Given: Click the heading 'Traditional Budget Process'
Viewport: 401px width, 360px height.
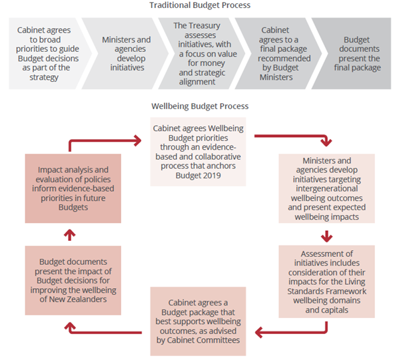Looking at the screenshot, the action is [x=200, y=5].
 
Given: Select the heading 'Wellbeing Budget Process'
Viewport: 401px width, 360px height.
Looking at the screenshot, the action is [x=200, y=106].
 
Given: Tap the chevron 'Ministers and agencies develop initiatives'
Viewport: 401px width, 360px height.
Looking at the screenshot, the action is [x=125, y=53].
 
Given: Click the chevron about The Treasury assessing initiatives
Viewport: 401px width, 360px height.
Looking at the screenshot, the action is [x=202, y=53].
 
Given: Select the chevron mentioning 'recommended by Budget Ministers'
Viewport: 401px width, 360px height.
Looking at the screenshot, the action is [x=278, y=53].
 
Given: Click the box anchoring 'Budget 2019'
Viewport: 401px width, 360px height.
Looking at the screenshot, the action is [x=199, y=152].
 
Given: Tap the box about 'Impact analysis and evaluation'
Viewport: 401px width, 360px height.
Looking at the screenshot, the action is [x=73, y=188].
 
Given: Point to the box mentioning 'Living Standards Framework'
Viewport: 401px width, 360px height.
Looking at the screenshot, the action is [x=327, y=281].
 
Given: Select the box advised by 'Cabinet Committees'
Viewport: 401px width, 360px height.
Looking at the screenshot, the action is [x=199, y=321].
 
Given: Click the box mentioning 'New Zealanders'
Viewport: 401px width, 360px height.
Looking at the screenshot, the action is [x=73, y=281].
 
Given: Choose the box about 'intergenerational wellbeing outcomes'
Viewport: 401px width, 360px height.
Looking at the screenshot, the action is [x=327, y=188].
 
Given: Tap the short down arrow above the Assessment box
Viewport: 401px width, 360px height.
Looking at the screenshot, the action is [x=326, y=236].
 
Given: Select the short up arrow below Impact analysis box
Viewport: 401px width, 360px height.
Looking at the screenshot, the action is [x=69, y=235].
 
